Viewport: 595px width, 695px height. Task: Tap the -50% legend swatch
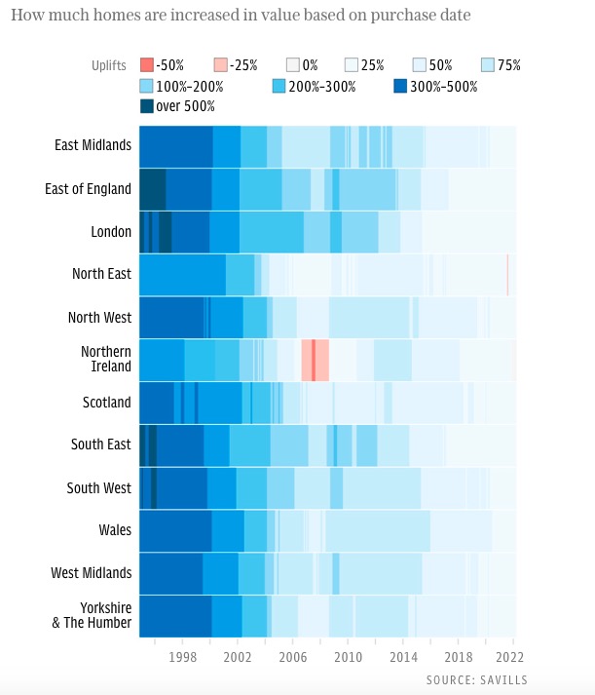pyautogui.click(x=147, y=65)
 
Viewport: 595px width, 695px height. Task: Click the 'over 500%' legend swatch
pyautogui.click(x=147, y=105)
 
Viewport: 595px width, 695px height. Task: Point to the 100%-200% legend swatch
pyautogui.click(x=147, y=86)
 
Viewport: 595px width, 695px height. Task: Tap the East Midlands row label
pyautogui.click(x=93, y=145)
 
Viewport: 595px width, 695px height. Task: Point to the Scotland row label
pyautogui.click(x=107, y=402)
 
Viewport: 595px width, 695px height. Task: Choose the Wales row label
pyautogui.click(x=115, y=530)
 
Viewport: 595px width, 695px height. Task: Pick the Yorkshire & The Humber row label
pyautogui.click(x=92, y=615)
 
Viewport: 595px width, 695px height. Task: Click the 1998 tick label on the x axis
pyautogui.click(x=183, y=657)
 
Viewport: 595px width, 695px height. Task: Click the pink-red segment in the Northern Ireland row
pyautogui.click(x=315, y=360)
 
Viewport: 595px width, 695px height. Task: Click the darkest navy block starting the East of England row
pyautogui.click(x=152, y=188)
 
